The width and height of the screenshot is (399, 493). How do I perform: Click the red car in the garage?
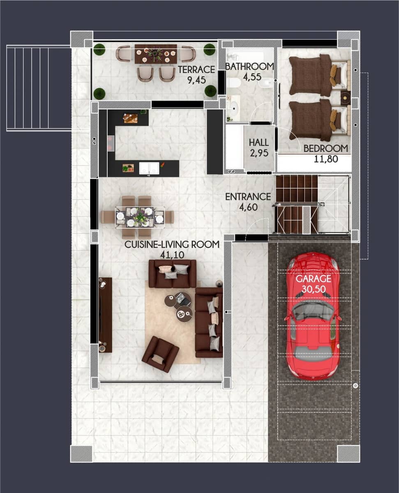click(x=313, y=316)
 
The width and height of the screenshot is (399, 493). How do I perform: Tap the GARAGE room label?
click(x=314, y=279)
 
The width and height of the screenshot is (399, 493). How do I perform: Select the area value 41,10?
click(x=171, y=255)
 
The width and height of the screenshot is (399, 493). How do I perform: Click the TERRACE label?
click(x=196, y=69)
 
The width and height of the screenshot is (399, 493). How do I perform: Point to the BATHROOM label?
click(x=249, y=66)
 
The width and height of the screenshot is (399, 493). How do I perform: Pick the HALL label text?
click(x=259, y=143)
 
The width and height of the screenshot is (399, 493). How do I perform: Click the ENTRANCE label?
click(x=248, y=197)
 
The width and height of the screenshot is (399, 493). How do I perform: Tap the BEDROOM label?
click(x=326, y=148)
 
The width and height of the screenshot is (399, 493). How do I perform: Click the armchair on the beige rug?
click(x=160, y=354)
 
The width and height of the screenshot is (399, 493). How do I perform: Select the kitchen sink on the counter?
click(x=149, y=168)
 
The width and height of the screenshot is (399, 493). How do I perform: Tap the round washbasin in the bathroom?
click(x=233, y=108)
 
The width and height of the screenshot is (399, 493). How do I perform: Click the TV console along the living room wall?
click(x=105, y=314)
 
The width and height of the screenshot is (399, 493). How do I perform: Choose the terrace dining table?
click(x=156, y=54)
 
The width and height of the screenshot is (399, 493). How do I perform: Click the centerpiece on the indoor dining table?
click(x=141, y=217)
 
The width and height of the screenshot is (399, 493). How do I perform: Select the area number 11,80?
click(x=326, y=159)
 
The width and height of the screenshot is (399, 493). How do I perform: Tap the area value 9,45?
click(x=196, y=80)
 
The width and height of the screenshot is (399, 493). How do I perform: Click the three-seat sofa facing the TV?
click(x=209, y=322)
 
